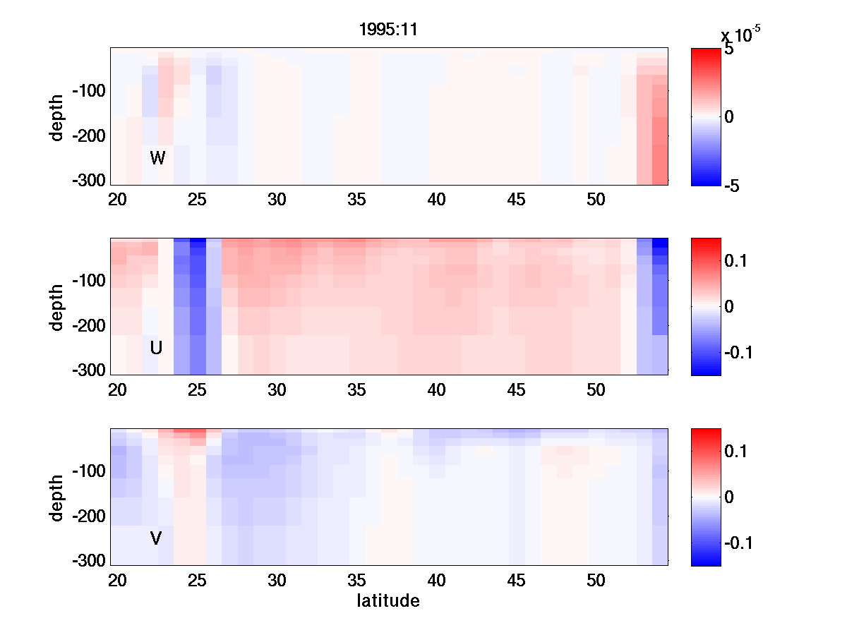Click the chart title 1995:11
(x=388, y=32)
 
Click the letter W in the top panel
(x=157, y=158)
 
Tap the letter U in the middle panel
(x=157, y=348)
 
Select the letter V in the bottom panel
(x=156, y=539)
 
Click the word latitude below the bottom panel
(x=388, y=601)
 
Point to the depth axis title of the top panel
(x=57, y=117)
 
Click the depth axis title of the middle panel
(x=57, y=307)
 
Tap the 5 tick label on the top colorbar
(x=729, y=50)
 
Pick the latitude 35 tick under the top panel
(x=356, y=200)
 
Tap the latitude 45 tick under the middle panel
(x=517, y=389)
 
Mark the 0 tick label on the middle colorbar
(x=730, y=307)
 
